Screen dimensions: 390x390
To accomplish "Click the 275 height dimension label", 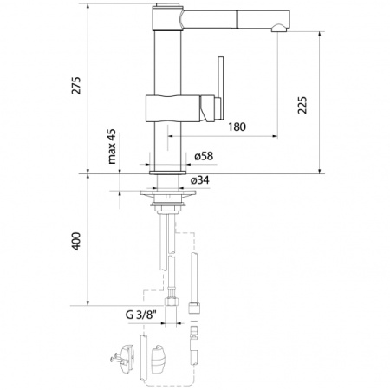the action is (77, 85).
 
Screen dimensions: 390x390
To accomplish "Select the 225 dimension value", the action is (302, 105).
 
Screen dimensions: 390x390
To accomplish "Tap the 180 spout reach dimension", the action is (237, 127).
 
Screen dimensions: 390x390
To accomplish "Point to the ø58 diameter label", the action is (204, 156).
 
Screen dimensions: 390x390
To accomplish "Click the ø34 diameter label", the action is (200, 180).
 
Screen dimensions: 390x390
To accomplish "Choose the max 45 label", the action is (112, 146).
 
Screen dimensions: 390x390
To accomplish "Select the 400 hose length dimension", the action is (76, 241).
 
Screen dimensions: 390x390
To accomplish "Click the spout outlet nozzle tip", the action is (278, 28).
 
